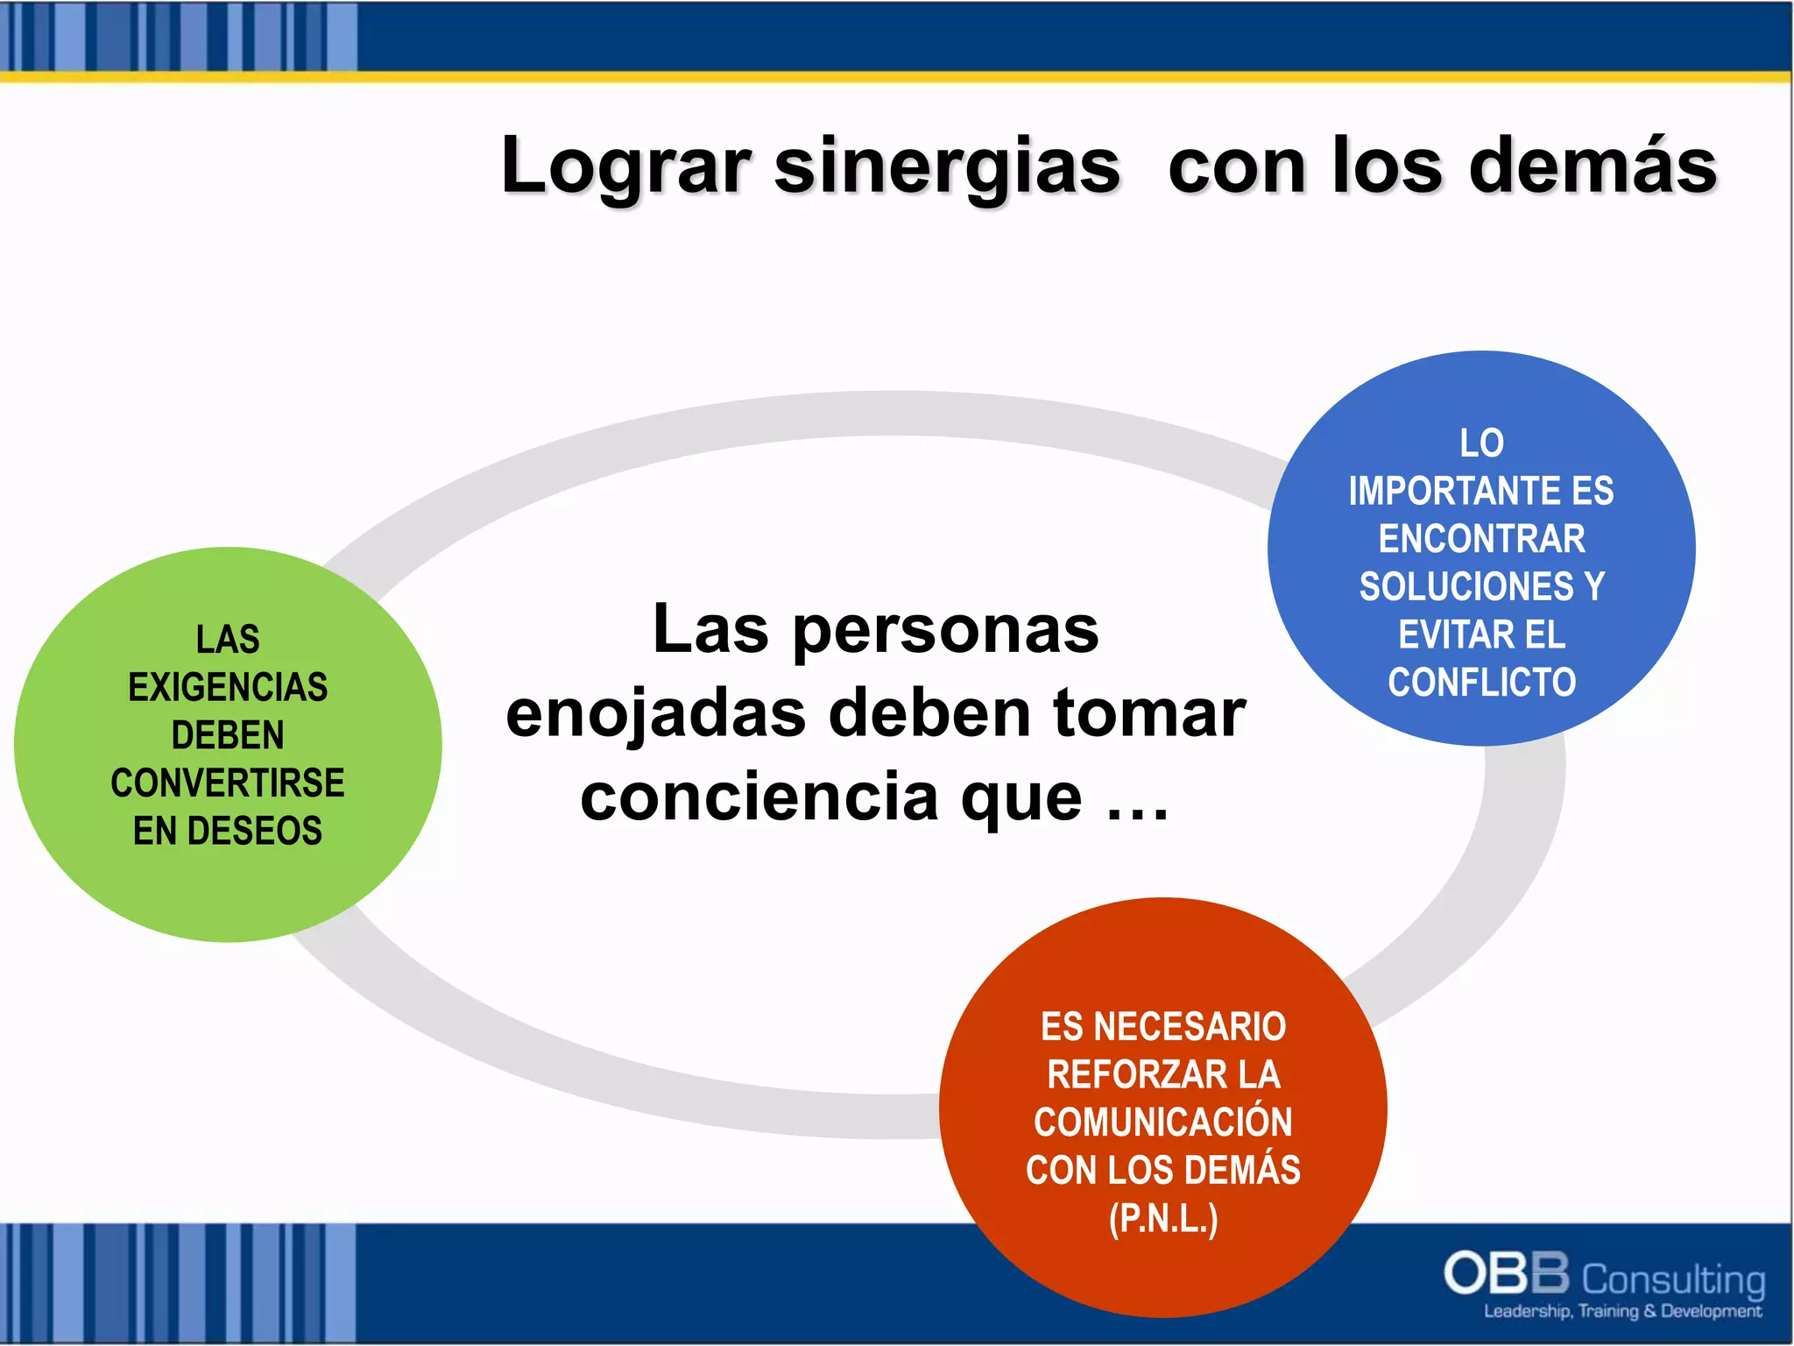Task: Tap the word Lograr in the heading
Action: [x=625, y=166]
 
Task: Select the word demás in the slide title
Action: [x=1592, y=166]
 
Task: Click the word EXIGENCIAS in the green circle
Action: [x=228, y=687]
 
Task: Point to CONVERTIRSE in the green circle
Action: [x=228, y=783]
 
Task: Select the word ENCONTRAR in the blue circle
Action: [x=1481, y=539]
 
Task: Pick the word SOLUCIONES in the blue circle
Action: [x=1466, y=586]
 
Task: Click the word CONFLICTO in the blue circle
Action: [x=1481, y=682]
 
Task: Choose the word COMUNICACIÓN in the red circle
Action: [x=1162, y=1122]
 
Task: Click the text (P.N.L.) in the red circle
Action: [x=1162, y=1218]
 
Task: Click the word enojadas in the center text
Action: [x=655, y=713]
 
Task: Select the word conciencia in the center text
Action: [x=759, y=797]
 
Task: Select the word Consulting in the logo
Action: [x=1673, y=1279]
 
